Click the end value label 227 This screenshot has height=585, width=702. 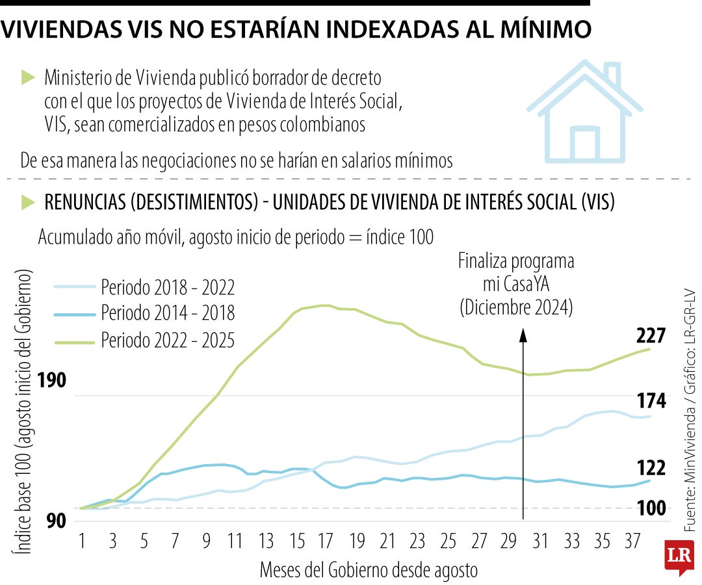(x=651, y=336)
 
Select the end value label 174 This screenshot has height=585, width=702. (x=651, y=402)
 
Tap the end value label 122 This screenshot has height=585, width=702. (x=651, y=468)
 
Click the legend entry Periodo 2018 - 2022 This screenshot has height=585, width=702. (x=167, y=287)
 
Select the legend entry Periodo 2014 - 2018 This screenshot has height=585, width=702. (x=167, y=313)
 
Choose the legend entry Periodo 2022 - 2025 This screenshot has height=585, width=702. (x=167, y=340)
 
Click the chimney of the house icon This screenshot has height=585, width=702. (x=612, y=72)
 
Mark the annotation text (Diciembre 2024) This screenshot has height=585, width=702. (x=516, y=307)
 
